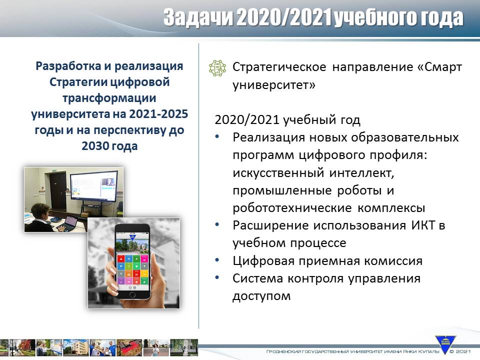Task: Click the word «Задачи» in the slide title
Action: coord(198,17)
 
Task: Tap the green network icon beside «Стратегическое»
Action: coord(217,68)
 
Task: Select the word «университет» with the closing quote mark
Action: coord(273,85)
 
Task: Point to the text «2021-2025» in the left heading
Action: coord(158,114)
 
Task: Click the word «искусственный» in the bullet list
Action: coord(278,173)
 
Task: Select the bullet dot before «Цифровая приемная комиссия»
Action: coord(217,260)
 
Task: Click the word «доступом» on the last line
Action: coord(261,296)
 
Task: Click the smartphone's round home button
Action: coord(132,294)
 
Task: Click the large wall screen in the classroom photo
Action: coord(94,187)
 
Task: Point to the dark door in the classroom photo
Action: coord(58,190)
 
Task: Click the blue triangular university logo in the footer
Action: coord(445,344)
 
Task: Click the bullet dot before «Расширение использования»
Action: coord(217,224)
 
